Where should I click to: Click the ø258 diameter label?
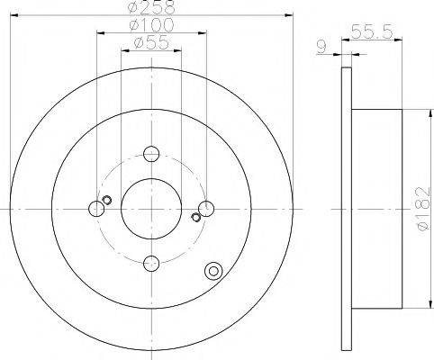tap(151, 7)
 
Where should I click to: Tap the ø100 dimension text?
tap(151, 25)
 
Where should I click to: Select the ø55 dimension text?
tap(151, 43)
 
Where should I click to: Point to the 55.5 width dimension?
tap(372, 31)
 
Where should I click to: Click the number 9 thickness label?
tap(321, 47)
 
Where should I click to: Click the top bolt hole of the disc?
tap(151, 154)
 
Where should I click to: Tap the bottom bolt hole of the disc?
tap(151, 263)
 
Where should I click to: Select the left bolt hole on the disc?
tap(96, 209)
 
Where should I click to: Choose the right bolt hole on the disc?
tap(206, 209)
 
